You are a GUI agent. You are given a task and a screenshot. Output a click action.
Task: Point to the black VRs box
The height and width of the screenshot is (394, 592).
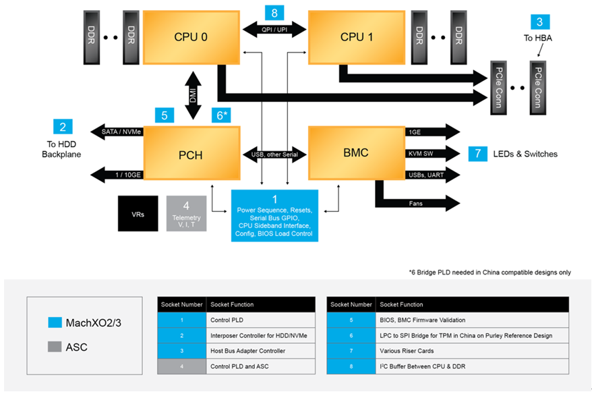coord(138,213)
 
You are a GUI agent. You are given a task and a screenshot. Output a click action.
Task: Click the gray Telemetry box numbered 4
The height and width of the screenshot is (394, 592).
coord(186,213)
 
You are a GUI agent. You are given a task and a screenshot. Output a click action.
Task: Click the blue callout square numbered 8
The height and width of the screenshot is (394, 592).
coord(274,12)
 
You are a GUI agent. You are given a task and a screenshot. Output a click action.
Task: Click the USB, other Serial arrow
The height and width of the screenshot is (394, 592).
coord(274,154)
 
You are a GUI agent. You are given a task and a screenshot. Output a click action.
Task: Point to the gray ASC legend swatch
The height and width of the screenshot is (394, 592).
coord(55,347)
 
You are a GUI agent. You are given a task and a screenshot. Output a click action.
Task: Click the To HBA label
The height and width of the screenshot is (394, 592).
coord(538,38)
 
